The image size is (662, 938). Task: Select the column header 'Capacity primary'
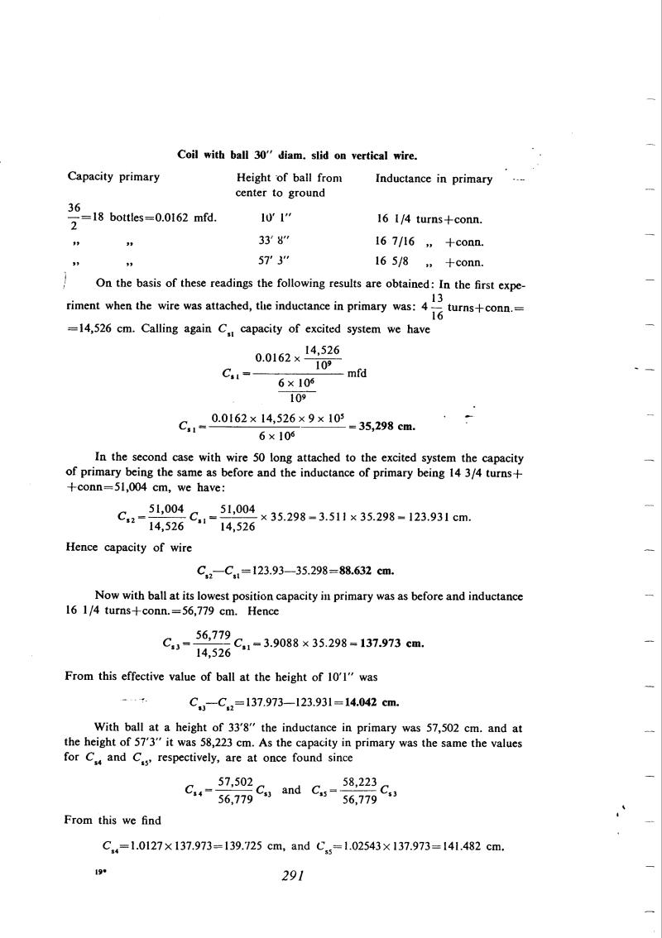tap(113, 178)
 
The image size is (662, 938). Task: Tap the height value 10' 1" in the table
tap(275, 219)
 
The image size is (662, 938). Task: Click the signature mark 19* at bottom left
tap(72, 871)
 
